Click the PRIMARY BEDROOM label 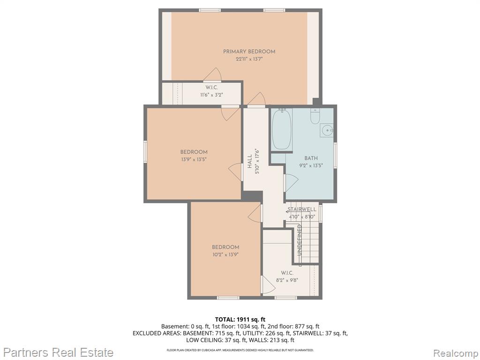[249, 52]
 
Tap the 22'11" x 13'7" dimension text [249, 59]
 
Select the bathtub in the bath [282, 129]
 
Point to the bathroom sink [327, 130]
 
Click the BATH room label [311, 158]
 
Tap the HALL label [249, 161]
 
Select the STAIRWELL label [302, 210]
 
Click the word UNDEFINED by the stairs [300, 240]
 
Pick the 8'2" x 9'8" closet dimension [287, 280]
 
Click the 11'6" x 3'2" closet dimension [211, 95]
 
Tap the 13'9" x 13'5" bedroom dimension [194, 159]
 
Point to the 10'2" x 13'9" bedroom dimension [225, 255]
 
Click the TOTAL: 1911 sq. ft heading [240, 320]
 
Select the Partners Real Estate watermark [59, 352]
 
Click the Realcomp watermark [455, 353]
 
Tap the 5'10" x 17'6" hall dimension [257, 161]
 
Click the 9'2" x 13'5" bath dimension [311, 165]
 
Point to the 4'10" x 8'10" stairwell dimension [302, 217]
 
